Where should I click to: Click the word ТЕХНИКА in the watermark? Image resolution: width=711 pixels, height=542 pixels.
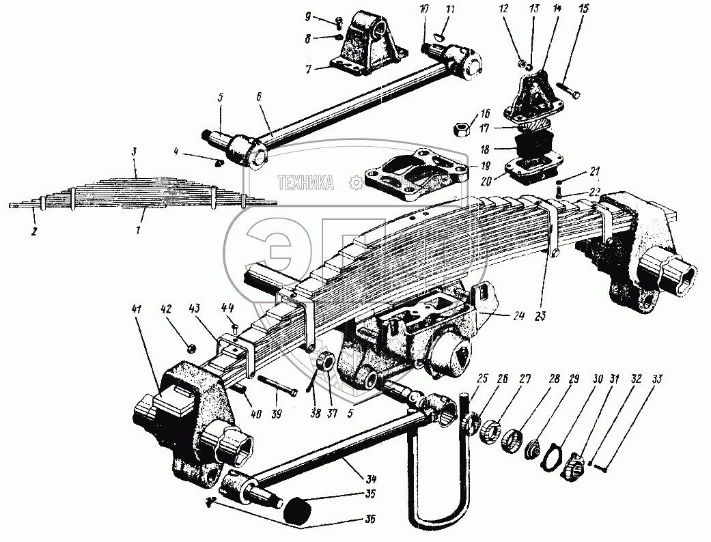(x=305, y=182)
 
